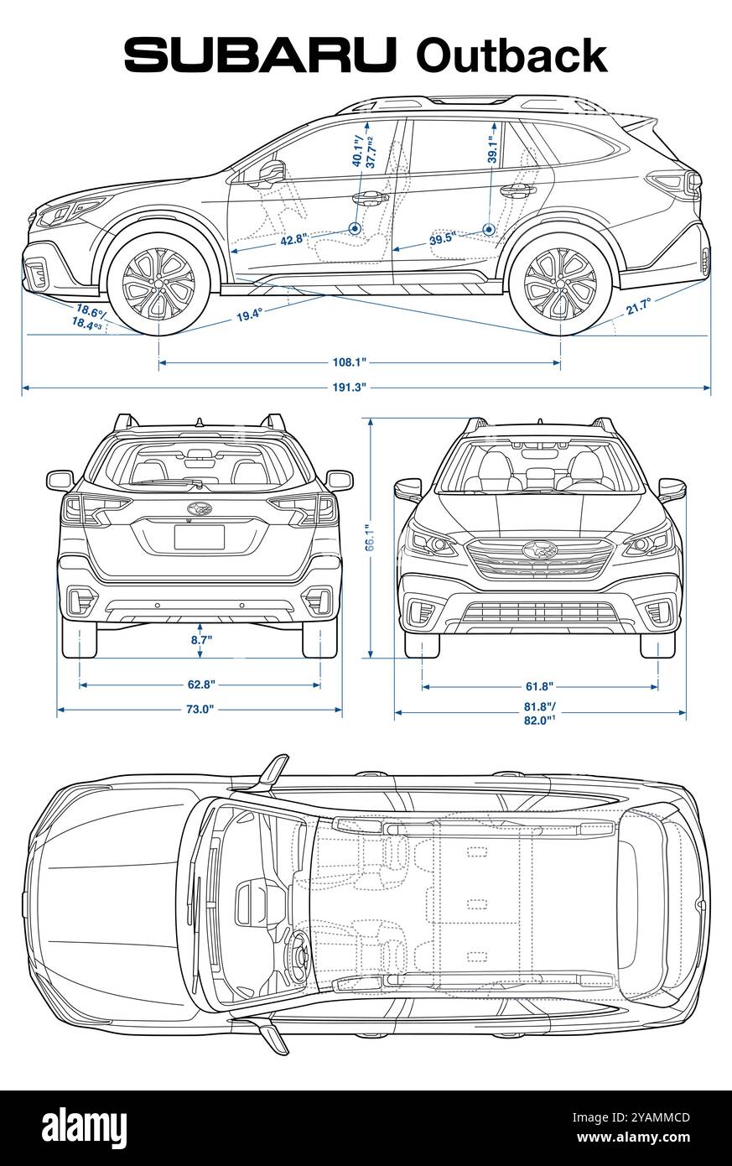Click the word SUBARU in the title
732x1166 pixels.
[260, 55]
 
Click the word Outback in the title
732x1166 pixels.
[511, 55]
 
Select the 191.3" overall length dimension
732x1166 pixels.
[350, 388]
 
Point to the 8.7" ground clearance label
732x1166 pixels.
[201, 639]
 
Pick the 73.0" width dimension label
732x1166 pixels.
[199, 711]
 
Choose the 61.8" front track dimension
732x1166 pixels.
[539, 687]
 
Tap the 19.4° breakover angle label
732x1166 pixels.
[249, 315]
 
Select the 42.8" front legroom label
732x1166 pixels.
[293, 240]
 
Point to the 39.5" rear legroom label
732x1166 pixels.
[441, 239]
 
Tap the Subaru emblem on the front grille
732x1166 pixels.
[540, 550]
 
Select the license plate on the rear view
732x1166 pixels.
[199, 537]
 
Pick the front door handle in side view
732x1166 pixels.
[369, 198]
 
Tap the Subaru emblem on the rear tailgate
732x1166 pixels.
[200, 508]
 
